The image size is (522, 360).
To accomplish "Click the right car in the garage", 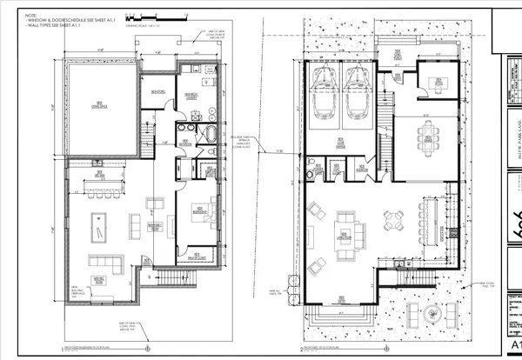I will coord(358,93).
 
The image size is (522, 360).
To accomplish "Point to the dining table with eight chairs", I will coord(427,134).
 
